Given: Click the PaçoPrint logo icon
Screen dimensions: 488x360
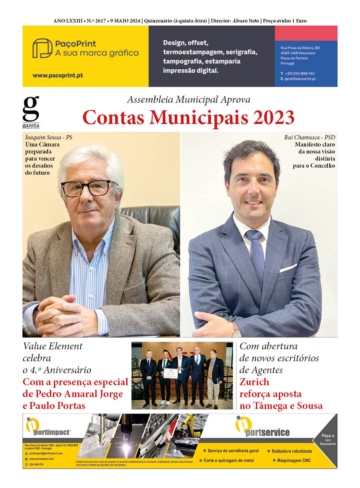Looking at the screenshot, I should [x=42, y=48].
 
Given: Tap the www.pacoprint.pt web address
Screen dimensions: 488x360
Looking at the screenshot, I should [x=57, y=75].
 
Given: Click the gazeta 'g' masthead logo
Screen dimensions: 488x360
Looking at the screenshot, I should [x=30, y=109].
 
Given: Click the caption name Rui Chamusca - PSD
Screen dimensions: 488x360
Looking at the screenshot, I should [x=310, y=138].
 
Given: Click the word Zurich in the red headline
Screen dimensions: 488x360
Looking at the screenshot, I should [x=254, y=382].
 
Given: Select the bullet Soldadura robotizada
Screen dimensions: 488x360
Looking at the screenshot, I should [x=292, y=451].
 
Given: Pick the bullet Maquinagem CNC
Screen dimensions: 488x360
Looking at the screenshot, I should [x=294, y=460].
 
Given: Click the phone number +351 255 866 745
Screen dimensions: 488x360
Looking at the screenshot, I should [x=300, y=73].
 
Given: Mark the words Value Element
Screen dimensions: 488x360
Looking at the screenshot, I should [x=52, y=346].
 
